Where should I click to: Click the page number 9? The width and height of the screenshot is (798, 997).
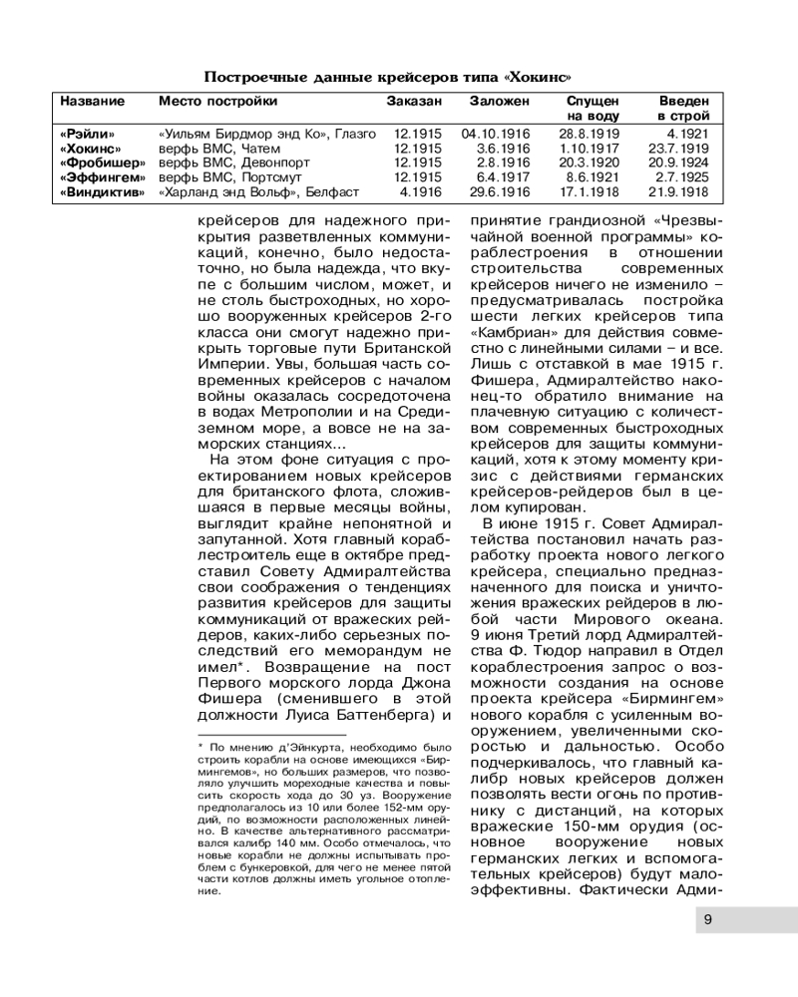tap(707, 919)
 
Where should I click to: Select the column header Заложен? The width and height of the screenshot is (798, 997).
tap(493, 102)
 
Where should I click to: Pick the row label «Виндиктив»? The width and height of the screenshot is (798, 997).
tap(102, 191)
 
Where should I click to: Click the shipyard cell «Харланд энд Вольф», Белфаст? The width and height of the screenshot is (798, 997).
tap(256, 191)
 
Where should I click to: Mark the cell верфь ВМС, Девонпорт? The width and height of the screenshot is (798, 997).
tap(235, 163)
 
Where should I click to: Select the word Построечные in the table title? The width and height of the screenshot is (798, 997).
tap(255, 77)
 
